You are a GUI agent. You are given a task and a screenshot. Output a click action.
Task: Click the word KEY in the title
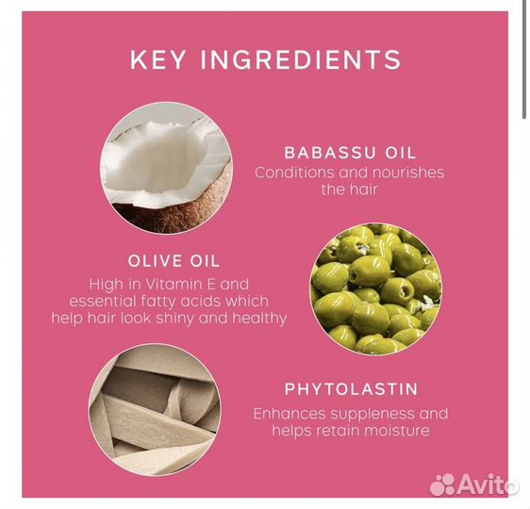[157, 59]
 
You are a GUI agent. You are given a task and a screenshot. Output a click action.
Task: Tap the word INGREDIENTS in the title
[301, 59]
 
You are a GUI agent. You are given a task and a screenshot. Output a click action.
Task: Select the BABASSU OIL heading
[350, 153]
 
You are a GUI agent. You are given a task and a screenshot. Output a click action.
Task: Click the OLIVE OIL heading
[174, 261]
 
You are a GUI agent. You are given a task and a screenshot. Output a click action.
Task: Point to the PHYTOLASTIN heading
[352, 389]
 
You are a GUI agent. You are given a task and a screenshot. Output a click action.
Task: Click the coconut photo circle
[166, 168]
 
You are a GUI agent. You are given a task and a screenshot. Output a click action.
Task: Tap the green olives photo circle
[376, 288]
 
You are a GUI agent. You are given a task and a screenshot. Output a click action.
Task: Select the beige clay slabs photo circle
[155, 410]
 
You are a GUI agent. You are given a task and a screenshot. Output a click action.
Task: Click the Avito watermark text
[487, 484]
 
